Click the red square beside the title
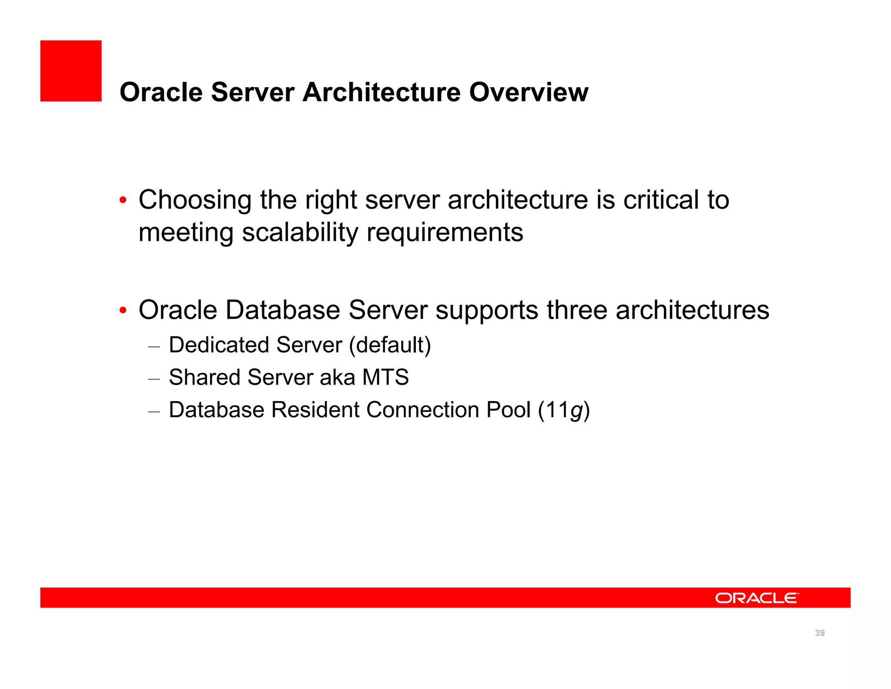pyautogui.click(x=71, y=71)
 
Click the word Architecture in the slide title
pyautogui.click(x=382, y=92)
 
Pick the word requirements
pyautogui.click(x=445, y=233)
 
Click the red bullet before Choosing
pyautogui.click(x=123, y=200)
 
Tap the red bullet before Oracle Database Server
pyautogui.click(x=123, y=311)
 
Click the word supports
pyautogui.click(x=487, y=311)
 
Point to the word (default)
pyautogui.click(x=390, y=345)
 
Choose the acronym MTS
pyautogui.click(x=385, y=377)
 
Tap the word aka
pyautogui.click(x=337, y=377)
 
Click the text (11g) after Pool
pyautogui.click(x=564, y=410)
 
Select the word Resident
pyautogui.click(x=315, y=410)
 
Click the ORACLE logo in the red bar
pyautogui.click(x=757, y=598)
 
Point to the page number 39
pyautogui.click(x=820, y=633)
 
